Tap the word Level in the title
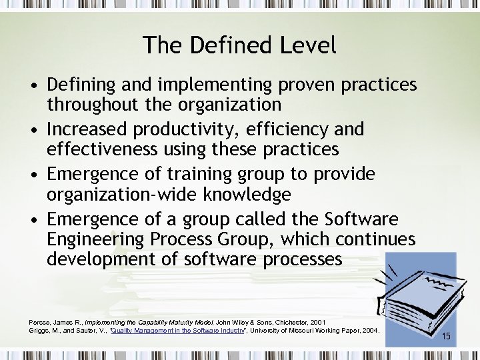(x=307, y=45)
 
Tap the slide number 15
(x=446, y=337)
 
